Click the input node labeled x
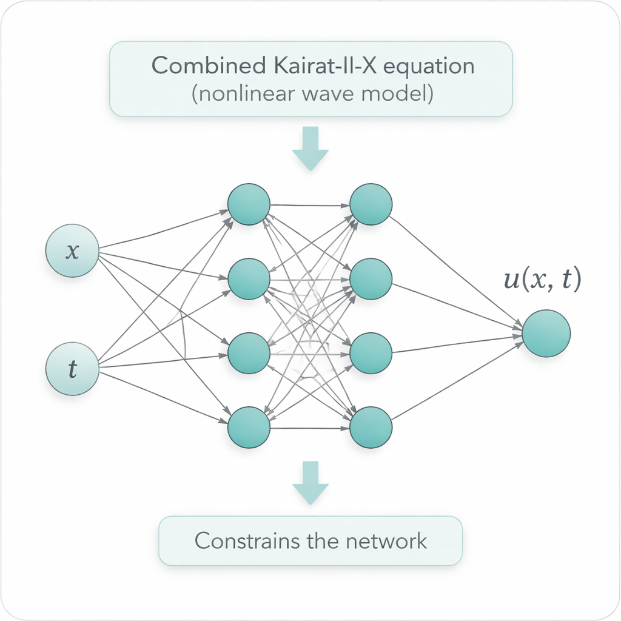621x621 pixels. coord(73,251)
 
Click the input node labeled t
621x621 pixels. coord(73,369)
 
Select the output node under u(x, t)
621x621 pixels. coord(546,333)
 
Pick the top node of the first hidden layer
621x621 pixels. coord(249,204)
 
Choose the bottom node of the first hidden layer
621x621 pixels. coord(249,428)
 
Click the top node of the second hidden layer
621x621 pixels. coord(371,204)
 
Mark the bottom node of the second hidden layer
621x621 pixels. coord(371,428)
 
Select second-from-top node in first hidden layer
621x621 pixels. coord(249,279)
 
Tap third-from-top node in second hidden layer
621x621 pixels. coord(371,353)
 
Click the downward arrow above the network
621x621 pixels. coord(310,149)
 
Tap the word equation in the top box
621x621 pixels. coord(433,66)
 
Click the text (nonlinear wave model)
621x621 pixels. coord(310,95)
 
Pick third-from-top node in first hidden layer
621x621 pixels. coord(249,353)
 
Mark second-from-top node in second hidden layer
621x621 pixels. coord(371,279)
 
